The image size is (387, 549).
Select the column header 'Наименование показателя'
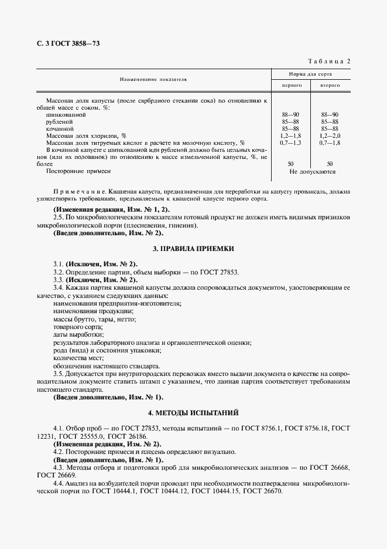point(153,78)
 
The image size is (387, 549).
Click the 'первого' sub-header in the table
point(292,86)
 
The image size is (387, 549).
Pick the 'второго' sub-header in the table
point(330,86)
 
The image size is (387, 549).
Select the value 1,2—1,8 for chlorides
point(292,135)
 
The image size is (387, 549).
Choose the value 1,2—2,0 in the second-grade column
point(330,135)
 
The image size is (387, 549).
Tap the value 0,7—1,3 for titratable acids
point(292,143)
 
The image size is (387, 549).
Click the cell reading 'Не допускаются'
point(311,172)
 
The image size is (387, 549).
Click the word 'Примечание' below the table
point(77,192)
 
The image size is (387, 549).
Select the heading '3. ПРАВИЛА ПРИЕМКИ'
point(193,249)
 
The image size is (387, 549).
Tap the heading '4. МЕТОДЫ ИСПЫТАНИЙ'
point(193,413)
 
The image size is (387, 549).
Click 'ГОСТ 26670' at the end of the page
point(262,490)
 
